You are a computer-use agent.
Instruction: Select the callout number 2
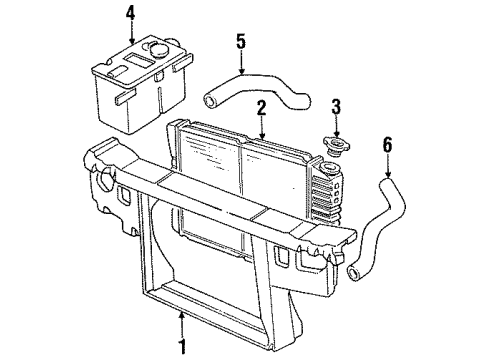tap(262, 108)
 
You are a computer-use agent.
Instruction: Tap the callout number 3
tap(336, 106)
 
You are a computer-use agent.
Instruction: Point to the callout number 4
tap(130, 13)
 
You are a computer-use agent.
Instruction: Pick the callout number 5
tap(241, 41)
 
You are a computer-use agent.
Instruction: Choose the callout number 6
tap(388, 145)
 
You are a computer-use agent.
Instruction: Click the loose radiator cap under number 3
tap(337, 147)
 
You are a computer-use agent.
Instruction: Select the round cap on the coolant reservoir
tap(158, 49)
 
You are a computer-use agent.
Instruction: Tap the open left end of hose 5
tap(211, 101)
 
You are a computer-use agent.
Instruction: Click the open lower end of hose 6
tap(353, 273)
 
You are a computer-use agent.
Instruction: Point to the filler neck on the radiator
tap(330, 168)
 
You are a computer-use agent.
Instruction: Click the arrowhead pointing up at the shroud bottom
tap(182, 316)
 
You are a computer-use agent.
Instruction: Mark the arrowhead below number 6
tap(388, 173)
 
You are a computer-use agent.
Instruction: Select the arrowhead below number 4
tap(132, 41)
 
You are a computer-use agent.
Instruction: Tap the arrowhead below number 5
tap(241, 70)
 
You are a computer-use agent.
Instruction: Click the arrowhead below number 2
tap(262, 135)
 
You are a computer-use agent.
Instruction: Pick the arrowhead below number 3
tap(336, 133)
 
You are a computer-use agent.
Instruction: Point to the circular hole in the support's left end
tap(105, 177)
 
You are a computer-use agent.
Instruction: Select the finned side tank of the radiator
tap(326, 197)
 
